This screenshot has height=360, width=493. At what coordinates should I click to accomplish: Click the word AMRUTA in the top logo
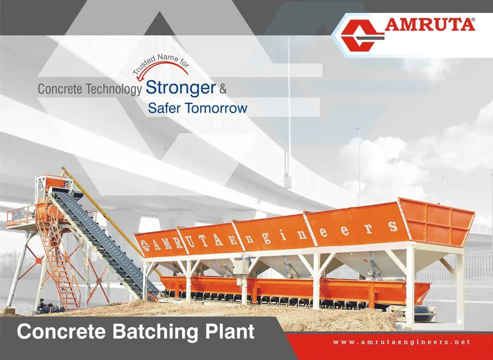pos(429,25)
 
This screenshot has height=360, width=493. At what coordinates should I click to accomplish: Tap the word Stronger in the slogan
pos(180,88)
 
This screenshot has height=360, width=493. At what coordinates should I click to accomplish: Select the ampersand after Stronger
pos(223,89)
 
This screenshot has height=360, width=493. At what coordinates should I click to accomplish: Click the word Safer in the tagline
pos(164,108)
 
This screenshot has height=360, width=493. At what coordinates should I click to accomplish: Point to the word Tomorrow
pos(216,108)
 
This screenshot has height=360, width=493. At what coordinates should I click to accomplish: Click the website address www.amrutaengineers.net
pos(402,342)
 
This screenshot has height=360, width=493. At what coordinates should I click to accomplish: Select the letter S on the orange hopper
pos(392,226)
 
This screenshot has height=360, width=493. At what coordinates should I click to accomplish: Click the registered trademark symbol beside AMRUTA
pos(473,19)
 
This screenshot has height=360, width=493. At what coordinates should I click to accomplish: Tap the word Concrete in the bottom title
pos(61,331)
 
